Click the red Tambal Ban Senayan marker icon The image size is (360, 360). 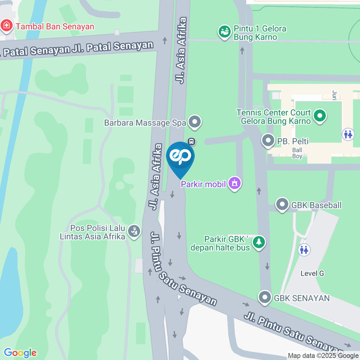(6, 26)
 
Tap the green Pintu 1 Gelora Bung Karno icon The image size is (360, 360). (225, 32)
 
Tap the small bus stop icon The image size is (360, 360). (191, 142)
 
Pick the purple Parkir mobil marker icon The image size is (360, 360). (235, 184)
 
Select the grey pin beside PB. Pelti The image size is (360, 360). (268, 141)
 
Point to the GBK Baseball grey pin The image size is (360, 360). (282, 205)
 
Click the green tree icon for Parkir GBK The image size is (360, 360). (258, 243)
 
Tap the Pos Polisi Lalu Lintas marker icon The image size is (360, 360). (133, 231)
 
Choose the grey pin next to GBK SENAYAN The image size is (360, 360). (265, 298)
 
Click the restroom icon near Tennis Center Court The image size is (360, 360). (348, 133)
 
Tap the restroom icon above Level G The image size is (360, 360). (304, 249)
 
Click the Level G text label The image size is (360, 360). (312, 273)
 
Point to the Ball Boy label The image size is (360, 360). (297, 153)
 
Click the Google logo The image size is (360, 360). (20, 352)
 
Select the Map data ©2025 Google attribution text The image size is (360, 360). (323, 356)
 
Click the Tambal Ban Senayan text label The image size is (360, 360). (55, 26)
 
